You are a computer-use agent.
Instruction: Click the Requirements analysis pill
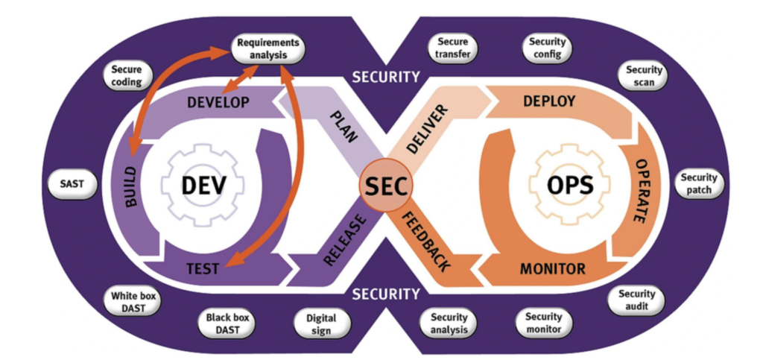coord(267,49)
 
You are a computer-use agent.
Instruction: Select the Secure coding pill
coord(126,75)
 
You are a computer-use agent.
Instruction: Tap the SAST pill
coord(72,184)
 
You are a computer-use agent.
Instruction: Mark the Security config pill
coord(548,48)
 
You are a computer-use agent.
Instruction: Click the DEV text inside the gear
coord(193,184)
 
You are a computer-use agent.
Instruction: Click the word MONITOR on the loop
coord(553,268)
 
